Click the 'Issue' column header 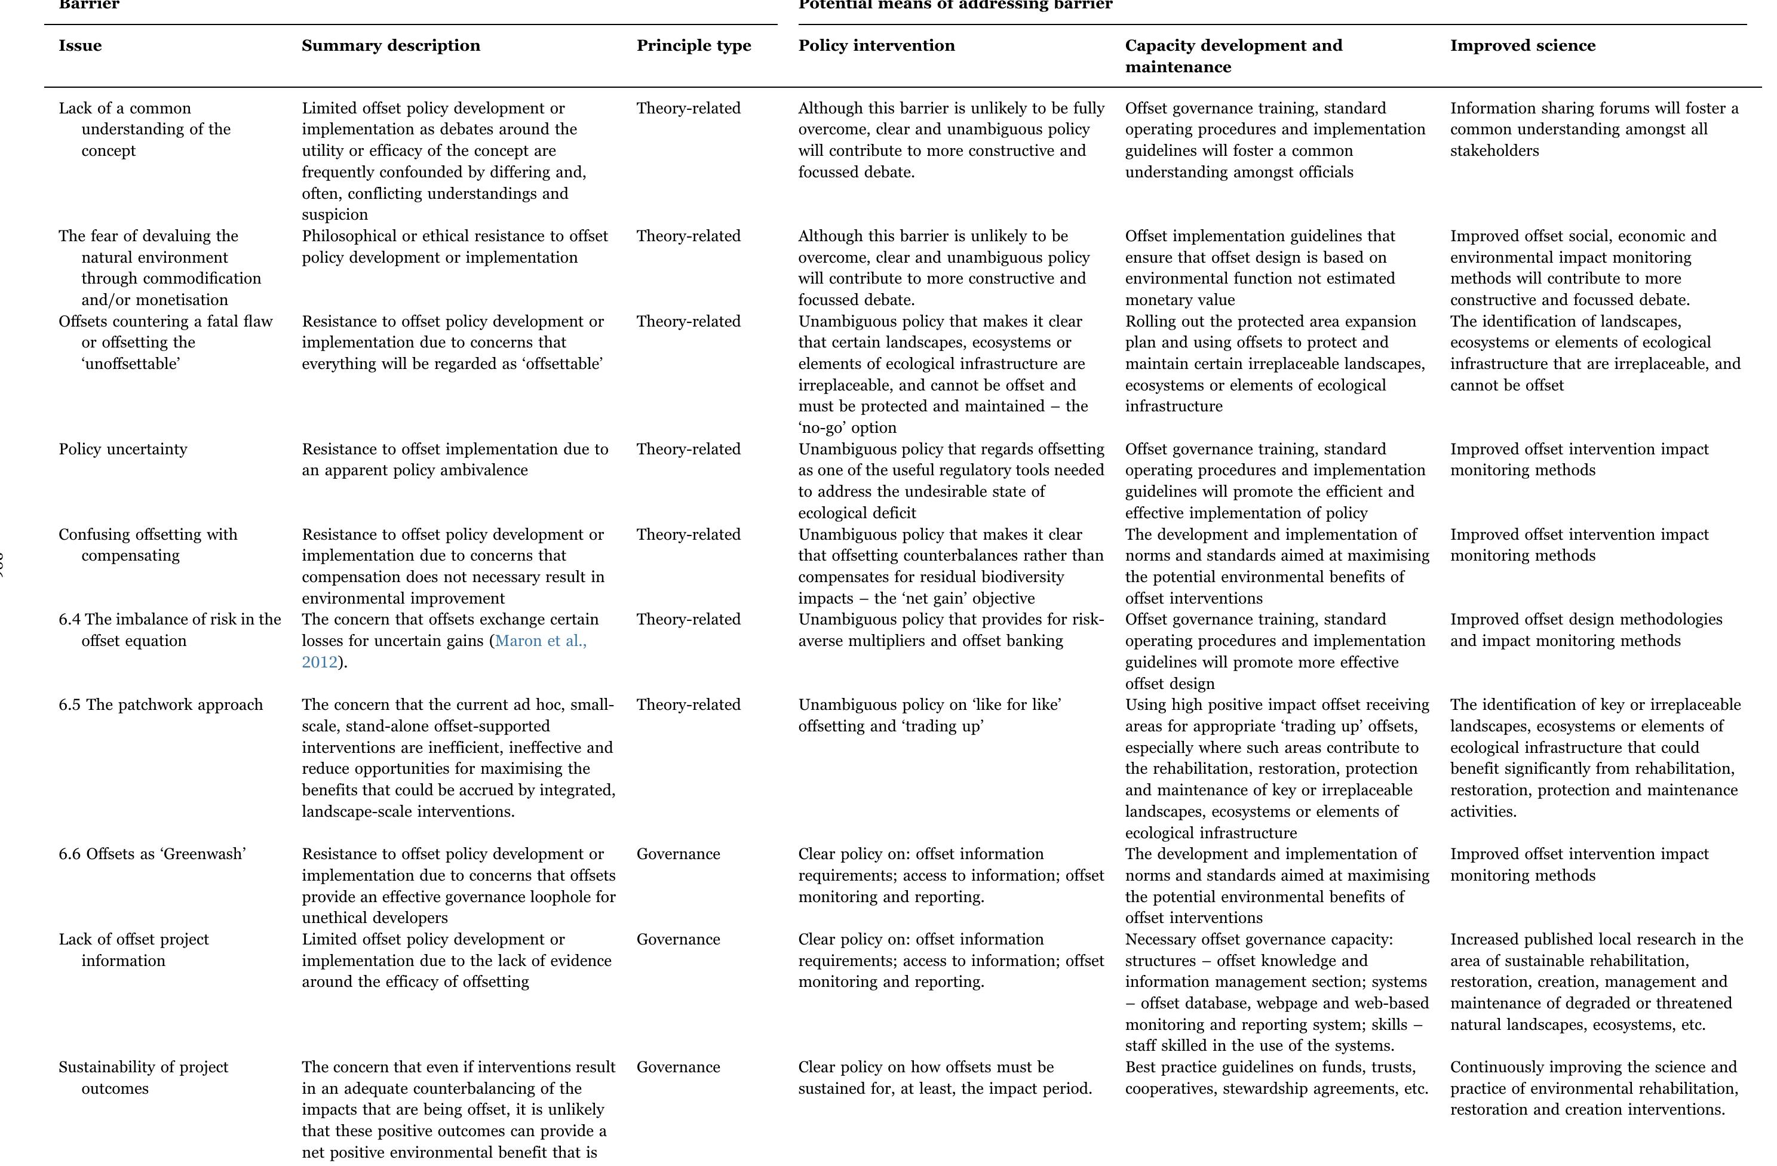click(80, 45)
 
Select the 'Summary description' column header click(391, 45)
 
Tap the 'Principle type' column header click(693, 45)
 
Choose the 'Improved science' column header click(1523, 45)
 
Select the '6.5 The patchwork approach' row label click(161, 704)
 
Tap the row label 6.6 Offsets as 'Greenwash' click(152, 854)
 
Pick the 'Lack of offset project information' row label click(134, 949)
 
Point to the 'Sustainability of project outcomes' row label click(143, 1077)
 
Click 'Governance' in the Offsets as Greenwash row click(678, 854)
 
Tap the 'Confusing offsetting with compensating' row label click(148, 545)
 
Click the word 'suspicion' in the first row click(334, 215)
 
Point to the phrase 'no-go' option click(847, 427)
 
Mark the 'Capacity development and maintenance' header click(1233, 56)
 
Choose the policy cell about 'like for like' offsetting click(929, 715)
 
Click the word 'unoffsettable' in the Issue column click(131, 364)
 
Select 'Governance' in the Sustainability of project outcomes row click(678, 1067)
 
